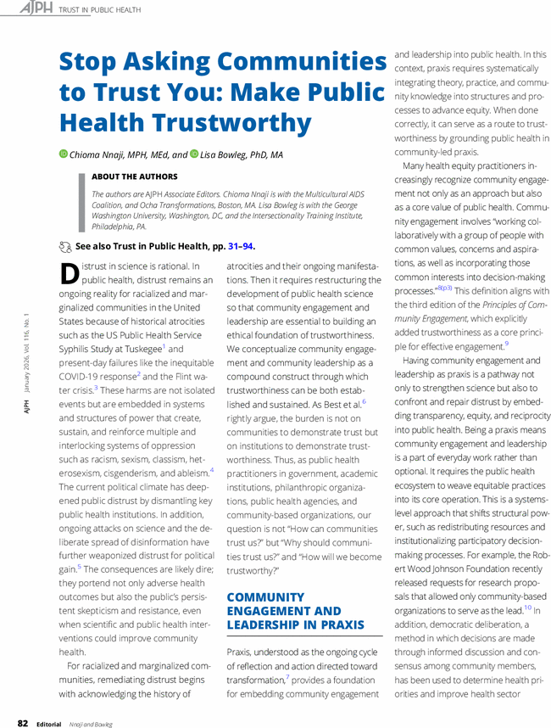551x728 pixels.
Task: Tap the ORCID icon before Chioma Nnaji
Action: click(x=63, y=155)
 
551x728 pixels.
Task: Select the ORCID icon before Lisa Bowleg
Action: click(x=194, y=155)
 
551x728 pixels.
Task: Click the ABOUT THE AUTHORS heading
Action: click(x=135, y=177)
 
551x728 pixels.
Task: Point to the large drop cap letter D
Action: click(x=70, y=275)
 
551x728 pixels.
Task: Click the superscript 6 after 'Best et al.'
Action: click(x=364, y=401)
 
